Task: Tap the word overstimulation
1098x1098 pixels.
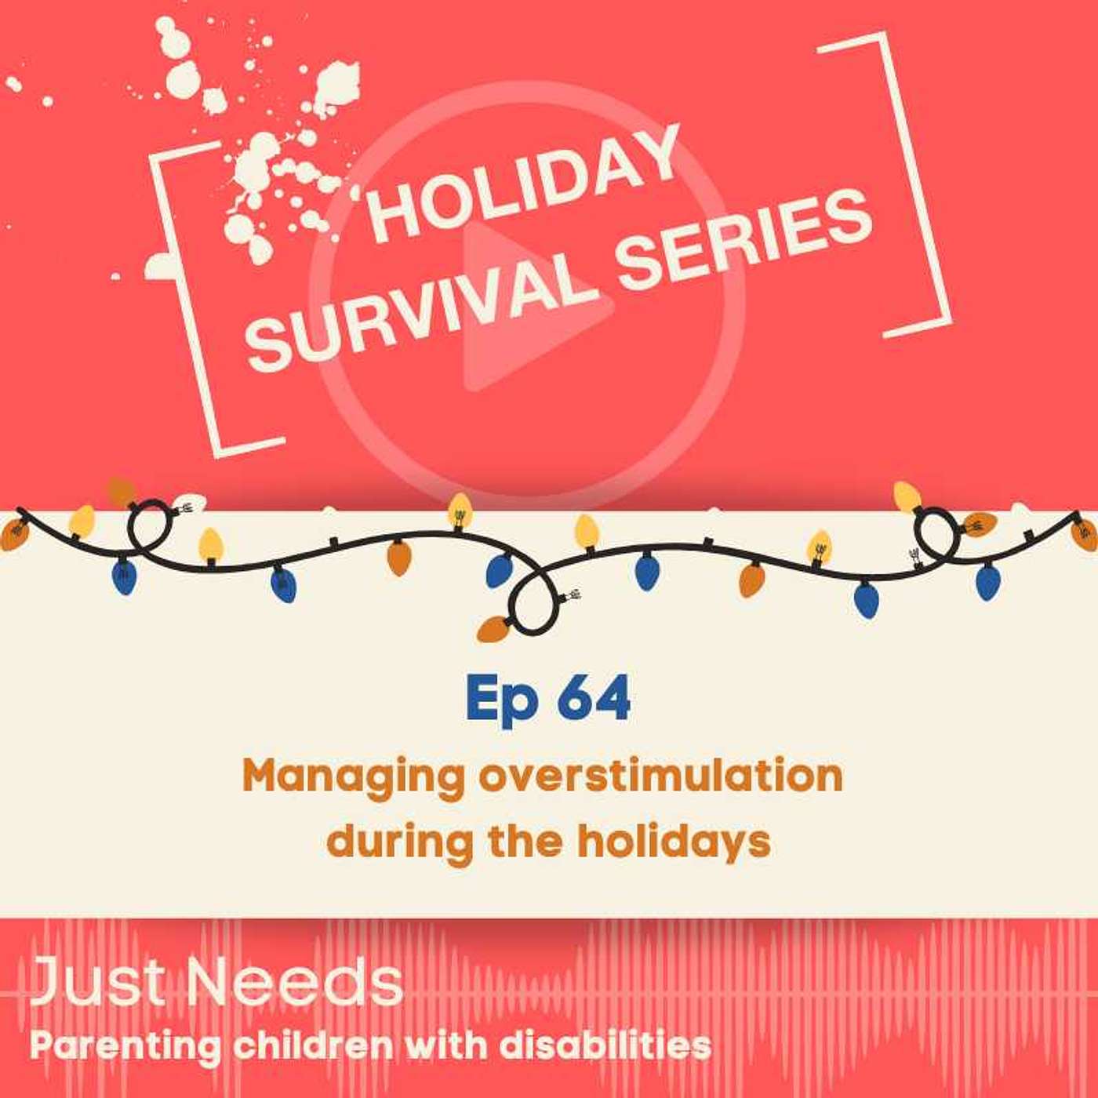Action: click(661, 777)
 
